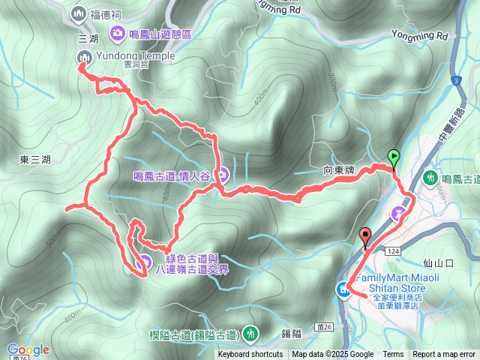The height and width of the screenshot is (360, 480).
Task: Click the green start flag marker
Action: pyautogui.click(x=394, y=157)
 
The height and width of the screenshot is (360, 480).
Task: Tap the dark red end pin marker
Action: pyautogui.click(x=366, y=235)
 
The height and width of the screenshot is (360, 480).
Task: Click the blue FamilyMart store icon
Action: pyautogui.click(x=343, y=289)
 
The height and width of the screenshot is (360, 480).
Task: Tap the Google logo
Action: pyautogui.click(x=28, y=349)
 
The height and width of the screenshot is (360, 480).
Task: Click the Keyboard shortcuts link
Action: pyautogui.click(x=250, y=355)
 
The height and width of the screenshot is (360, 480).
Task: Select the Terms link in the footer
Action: pyautogui.click(x=393, y=355)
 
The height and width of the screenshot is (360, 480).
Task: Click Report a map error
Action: pyautogui.click(x=444, y=355)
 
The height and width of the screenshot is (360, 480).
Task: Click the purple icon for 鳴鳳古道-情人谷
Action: pyautogui.click(x=223, y=176)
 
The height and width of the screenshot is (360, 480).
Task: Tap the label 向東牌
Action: pyautogui.click(x=339, y=171)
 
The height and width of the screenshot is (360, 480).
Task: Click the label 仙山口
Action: pyautogui.click(x=439, y=263)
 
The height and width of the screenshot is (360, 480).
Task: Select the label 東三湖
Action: pyautogui.click(x=35, y=160)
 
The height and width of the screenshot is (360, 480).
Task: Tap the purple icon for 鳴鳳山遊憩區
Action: pyautogui.click(x=117, y=32)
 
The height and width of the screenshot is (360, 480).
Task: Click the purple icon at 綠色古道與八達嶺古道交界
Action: pyautogui.click(x=145, y=262)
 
